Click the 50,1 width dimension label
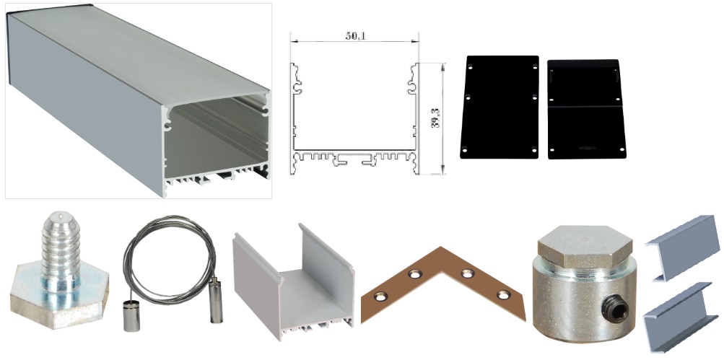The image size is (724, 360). (356, 36)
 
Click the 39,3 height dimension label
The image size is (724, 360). (435, 118)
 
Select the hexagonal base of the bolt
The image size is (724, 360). (58, 298)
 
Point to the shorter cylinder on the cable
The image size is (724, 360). (128, 315)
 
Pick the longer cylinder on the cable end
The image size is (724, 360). (216, 299)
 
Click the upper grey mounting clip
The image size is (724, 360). (682, 247)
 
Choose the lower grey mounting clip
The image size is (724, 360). (682, 317)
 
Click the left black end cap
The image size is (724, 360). (500, 107)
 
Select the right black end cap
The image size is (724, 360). (586, 109)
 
